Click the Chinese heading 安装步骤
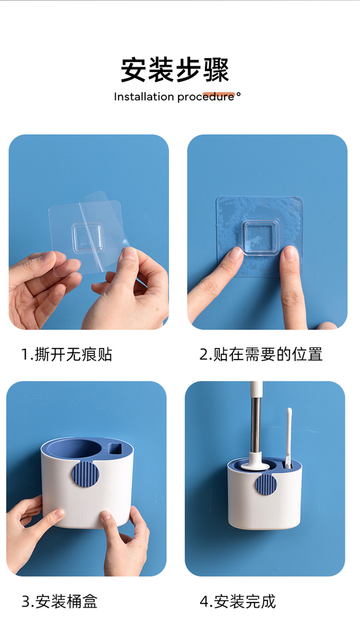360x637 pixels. (175, 70)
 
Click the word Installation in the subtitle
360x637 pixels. (144, 97)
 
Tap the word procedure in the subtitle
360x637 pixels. (206, 97)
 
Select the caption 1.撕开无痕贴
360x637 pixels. (67, 354)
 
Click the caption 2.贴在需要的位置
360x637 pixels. (261, 354)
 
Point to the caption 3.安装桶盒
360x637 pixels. (59, 601)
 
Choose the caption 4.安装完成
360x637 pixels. (238, 601)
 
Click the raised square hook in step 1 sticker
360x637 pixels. (87, 238)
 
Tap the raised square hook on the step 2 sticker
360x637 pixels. (260, 238)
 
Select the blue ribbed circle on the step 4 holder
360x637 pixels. (266, 484)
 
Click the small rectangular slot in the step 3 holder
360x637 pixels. (115, 449)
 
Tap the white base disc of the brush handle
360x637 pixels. (255, 466)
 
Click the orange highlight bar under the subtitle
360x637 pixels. (219, 95)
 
